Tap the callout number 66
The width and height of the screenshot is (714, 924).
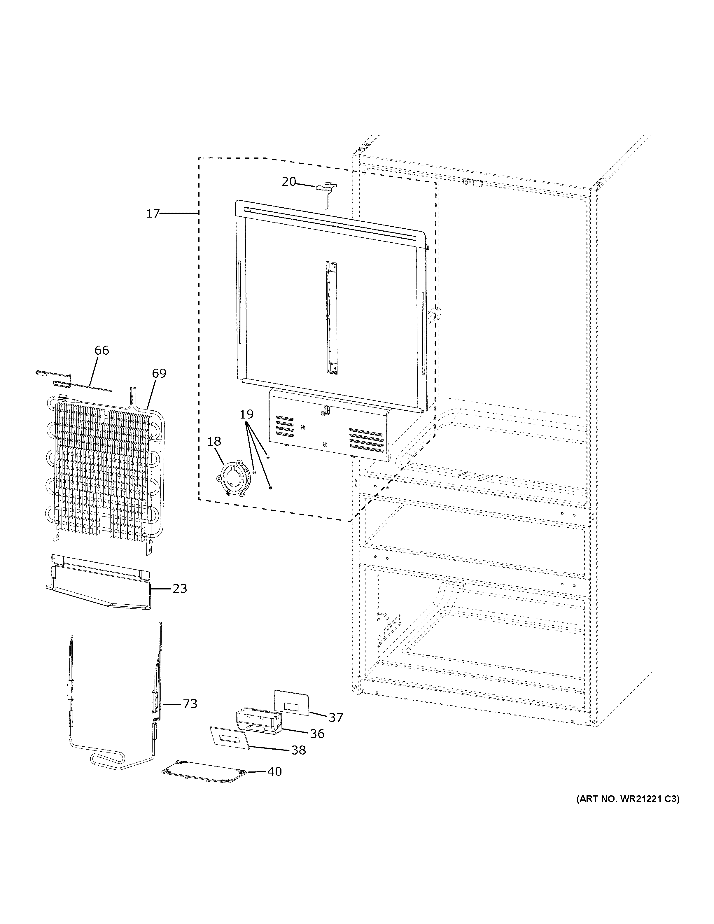point(101,350)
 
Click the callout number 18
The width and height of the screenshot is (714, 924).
point(214,441)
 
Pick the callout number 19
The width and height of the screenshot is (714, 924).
point(246,414)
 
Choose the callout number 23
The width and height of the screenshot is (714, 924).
point(179,589)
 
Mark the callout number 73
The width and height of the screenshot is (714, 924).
point(190,704)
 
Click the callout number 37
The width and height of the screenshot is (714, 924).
point(335,717)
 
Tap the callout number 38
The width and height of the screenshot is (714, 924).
point(299,750)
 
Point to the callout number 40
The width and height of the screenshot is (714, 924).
point(274,772)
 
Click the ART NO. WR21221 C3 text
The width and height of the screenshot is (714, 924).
point(628,799)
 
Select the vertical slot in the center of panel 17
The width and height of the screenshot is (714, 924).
point(332,317)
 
